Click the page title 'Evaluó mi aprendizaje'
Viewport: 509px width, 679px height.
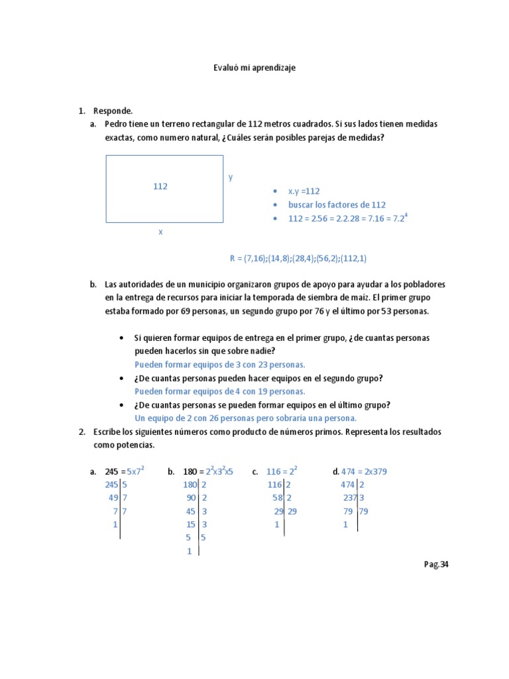254,68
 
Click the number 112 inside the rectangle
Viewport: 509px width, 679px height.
160,187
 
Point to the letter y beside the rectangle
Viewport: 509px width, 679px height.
231,177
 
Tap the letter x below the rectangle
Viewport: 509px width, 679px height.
160,232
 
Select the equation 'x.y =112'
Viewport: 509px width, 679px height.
304,191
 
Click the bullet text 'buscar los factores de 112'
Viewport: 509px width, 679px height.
337,205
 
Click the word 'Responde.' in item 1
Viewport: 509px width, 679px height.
113,111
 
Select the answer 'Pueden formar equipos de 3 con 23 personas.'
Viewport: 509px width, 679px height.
220,365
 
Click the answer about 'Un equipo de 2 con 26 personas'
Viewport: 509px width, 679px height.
245,418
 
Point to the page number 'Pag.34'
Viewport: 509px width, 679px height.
436,565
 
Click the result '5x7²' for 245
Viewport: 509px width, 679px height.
135,471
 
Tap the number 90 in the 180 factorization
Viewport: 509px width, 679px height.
192,498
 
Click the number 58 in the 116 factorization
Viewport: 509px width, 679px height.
278,498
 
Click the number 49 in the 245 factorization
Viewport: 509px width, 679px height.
113,498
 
